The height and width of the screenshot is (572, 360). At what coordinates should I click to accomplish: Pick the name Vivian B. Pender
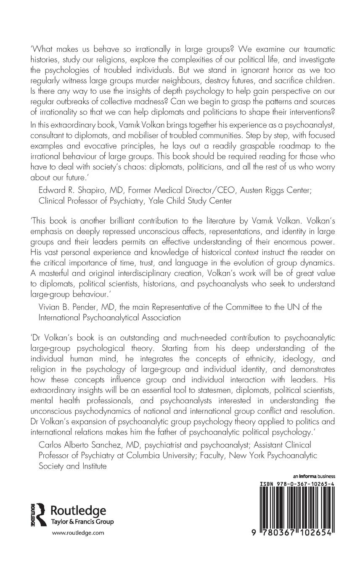tap(66, 307)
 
